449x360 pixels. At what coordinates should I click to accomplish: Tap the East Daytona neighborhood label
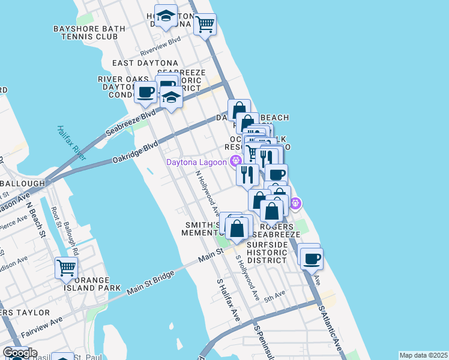145,63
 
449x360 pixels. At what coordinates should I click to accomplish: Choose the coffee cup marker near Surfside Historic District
310,259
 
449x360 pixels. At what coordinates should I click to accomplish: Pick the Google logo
19,353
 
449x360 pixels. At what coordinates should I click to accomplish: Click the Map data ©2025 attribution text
423,355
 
